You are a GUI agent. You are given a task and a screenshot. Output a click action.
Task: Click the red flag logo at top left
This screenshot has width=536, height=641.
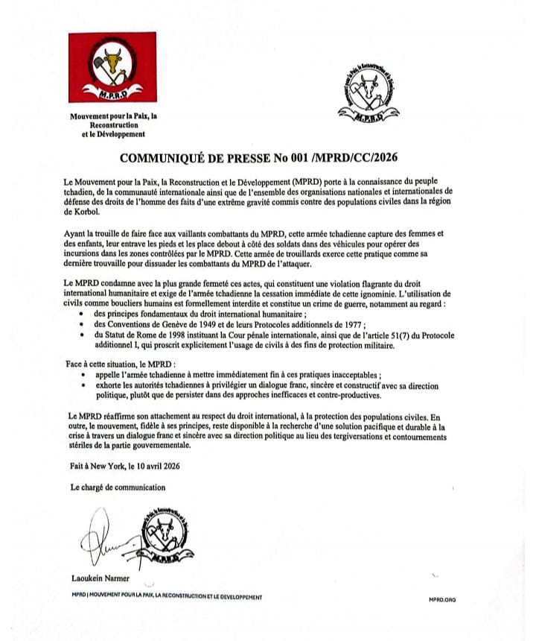[x=109, y=69]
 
